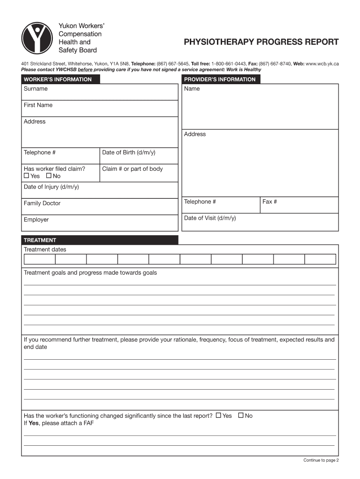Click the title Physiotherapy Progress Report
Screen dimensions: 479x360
pos(261,42)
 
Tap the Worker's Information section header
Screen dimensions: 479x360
pos(58,80)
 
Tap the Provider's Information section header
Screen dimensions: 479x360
pos(220,80)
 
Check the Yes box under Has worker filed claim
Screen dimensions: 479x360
pos(26,176)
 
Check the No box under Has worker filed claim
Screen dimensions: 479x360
pos(49,176)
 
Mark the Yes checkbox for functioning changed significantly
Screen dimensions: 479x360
pos(218,415)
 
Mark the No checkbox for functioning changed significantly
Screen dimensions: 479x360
pos(241,415)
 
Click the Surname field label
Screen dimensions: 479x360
pos(36,89)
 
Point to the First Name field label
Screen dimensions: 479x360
pos(38,105)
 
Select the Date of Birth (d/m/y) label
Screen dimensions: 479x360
pos(129,152)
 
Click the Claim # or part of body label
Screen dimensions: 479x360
pos(132,169)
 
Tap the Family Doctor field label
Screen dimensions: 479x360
pos(42,203)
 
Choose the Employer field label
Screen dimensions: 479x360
pos(36,220)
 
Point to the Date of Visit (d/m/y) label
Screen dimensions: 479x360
pos(210,218)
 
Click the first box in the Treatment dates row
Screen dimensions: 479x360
pos(39,259)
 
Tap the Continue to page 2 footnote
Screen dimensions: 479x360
pos(321,460)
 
